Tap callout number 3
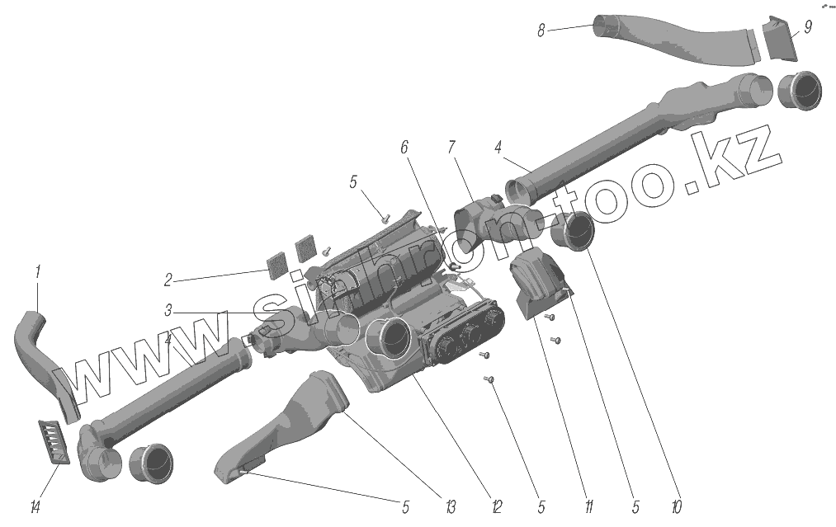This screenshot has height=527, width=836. pos(168,312)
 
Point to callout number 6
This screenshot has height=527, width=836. pos(404,148)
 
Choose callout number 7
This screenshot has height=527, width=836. pos(451,148)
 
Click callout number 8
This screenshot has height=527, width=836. pos(541,31)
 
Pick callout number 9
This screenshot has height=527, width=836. pos(807,27)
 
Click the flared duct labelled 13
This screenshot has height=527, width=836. pos(289,425)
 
